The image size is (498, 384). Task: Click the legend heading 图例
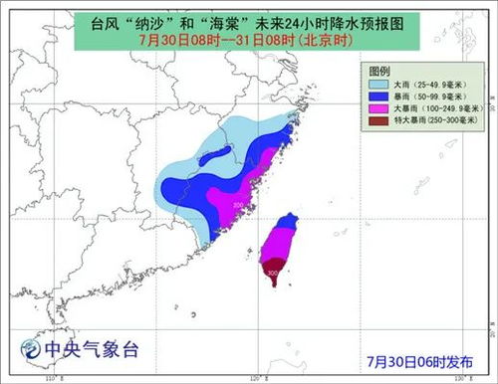379,72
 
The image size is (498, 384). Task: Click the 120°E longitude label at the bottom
257,378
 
